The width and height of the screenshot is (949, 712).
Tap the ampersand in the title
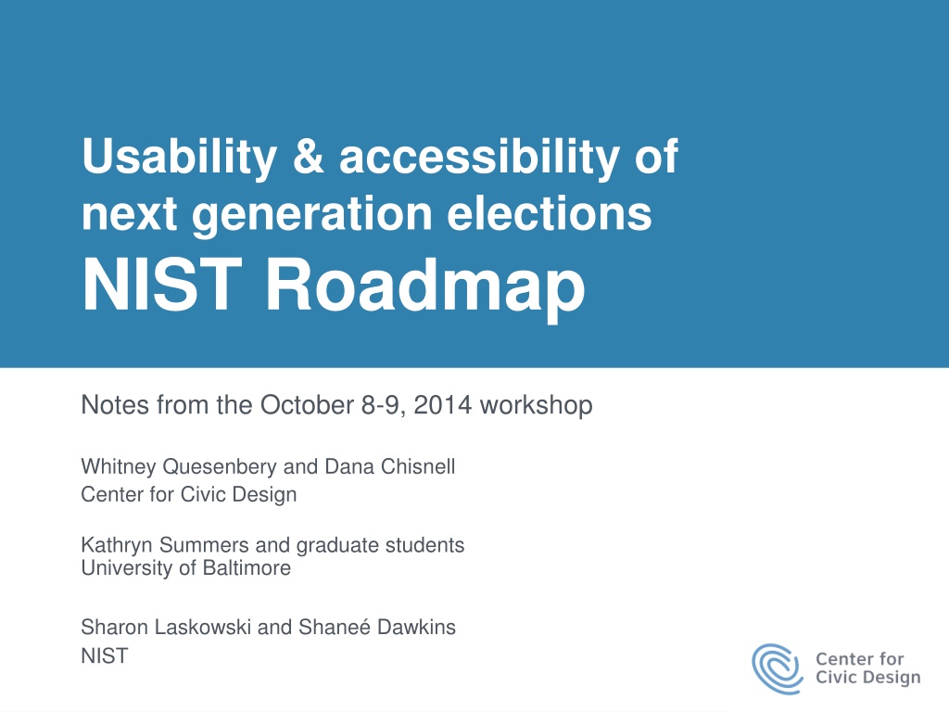(x=309, y=156)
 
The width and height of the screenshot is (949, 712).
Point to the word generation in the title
(x=311, y=215)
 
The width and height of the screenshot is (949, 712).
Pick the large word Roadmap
(x=424, y=286)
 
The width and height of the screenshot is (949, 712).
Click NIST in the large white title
(x=161, y=285)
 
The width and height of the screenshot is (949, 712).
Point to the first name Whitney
(x=119, y=467)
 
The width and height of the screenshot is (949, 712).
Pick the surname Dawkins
(x=416, y=627)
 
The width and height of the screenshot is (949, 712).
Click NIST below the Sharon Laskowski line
(x=105, y=655)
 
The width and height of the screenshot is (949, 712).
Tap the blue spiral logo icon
(x=778, y=668)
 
